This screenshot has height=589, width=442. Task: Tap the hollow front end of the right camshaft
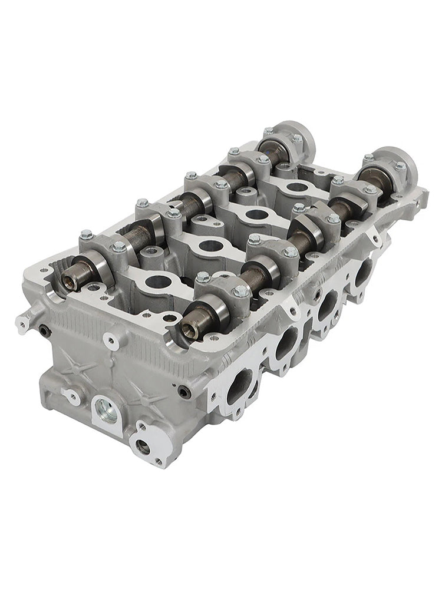(x=189, y=330)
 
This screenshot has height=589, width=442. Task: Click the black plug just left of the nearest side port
(x=186, y=391)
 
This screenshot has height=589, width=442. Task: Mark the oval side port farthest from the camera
(x=363, y=269)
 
